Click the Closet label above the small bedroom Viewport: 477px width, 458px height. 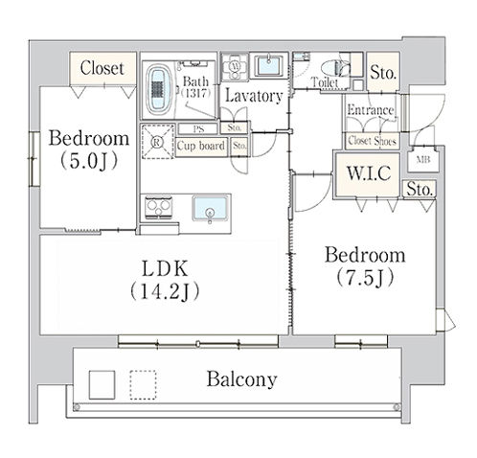point(102,68)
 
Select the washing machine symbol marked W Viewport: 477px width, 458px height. point(235,67)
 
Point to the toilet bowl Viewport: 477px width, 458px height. point(332,68)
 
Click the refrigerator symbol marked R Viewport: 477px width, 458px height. point(158,142)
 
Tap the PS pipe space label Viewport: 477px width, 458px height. point(198,129)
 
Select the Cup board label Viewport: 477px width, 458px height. point(201,146)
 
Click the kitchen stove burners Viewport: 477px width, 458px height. point(159,207)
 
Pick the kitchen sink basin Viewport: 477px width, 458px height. point(210,208)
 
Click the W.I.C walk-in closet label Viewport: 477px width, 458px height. point(369,172)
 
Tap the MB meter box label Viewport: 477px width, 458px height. point(423,160)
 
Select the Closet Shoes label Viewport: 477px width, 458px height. point(372,141)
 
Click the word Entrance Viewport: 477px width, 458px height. point(371,110)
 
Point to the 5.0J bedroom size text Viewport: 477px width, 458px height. point(89,161)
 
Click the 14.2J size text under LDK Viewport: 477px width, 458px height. point(165,291)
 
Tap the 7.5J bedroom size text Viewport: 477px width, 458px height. point(365,278)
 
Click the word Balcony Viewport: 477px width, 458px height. point(241,379)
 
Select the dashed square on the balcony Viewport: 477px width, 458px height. point(143,385)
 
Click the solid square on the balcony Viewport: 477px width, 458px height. point(102,385)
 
